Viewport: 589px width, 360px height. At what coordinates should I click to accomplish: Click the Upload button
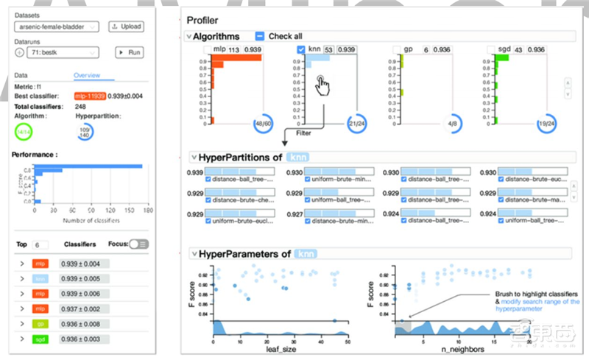(x=126, y=27)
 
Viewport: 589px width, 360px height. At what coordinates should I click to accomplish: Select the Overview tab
(x=87, y=75)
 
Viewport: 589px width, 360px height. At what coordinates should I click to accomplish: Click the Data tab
(x=21, y=75)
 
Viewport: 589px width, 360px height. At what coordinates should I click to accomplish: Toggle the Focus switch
(x=138, y=244)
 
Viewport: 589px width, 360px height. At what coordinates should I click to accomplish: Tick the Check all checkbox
(x=260, y=36)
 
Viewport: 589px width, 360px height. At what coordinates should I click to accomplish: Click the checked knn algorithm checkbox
(x=300, y=49)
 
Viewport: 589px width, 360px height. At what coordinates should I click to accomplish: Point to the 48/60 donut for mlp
(x=263, y=123)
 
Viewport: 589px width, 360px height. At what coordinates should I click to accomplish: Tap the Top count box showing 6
(x=40, y=244)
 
